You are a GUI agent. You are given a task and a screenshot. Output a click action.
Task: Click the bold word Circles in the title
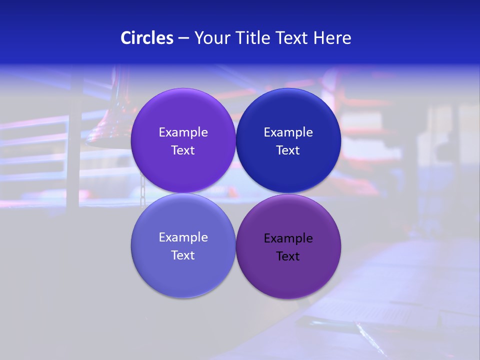pos(146,38)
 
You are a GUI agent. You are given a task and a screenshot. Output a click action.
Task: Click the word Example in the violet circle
pos(183,132)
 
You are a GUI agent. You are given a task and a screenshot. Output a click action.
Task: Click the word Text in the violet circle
pos(183,150)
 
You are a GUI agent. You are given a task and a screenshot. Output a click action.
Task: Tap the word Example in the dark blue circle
pos(288,132)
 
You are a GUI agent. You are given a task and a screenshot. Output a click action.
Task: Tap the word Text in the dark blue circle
pos(288,150)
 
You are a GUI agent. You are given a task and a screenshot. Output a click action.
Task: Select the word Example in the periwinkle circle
pos(183,237)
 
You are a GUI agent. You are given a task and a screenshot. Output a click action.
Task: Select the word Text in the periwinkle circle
pos(183,255)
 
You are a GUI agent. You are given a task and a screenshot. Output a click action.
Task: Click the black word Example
pos(288,238)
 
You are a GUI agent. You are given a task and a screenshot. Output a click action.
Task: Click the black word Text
pos(288,256)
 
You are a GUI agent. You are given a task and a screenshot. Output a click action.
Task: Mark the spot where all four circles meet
pos(235,193)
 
